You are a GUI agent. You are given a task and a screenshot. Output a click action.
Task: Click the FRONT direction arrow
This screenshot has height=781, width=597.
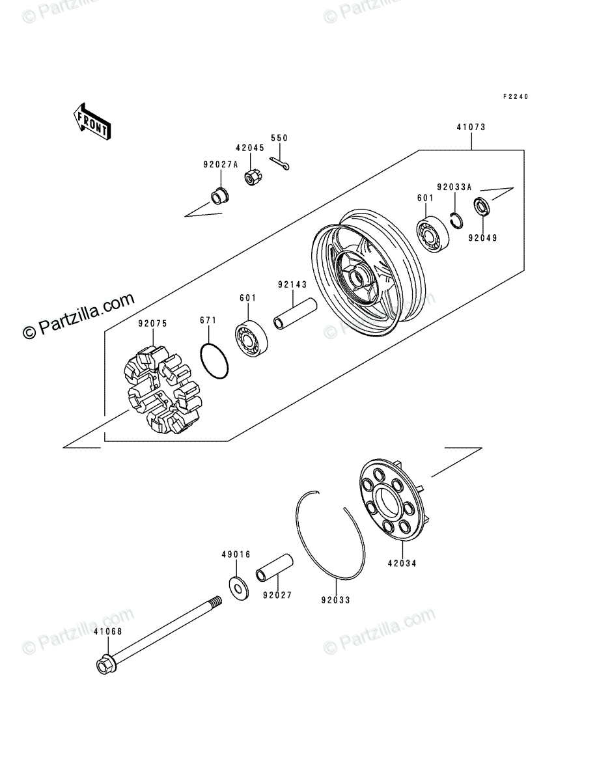coord(91,121)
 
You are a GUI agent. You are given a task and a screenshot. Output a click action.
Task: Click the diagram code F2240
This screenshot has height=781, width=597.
coord(515,96)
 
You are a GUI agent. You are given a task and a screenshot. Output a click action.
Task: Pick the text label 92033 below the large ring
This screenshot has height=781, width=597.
coord(335,599)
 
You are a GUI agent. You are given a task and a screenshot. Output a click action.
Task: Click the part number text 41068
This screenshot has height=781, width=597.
coord(107,631)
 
